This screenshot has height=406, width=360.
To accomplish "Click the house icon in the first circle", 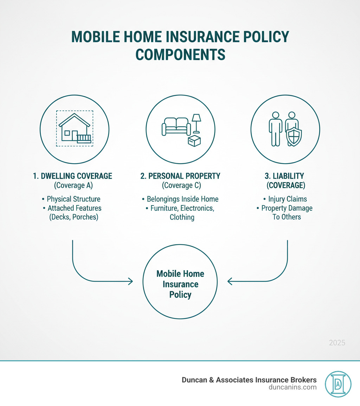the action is click(75, 128).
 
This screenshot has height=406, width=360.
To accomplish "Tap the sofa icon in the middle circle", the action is click(176, 126).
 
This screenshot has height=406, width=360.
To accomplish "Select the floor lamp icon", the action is click(197, 123).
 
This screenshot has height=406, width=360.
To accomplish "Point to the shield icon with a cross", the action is click(294, 136).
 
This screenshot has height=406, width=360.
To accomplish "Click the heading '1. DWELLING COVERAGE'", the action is click(72, 176).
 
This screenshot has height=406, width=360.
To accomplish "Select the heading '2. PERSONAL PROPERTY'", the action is click(180, 176).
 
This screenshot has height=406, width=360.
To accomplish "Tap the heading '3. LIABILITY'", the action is click(284, 176).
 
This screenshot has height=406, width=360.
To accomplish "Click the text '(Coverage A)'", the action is click(73, 185).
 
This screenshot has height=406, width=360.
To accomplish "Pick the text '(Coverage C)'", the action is click(181, 185).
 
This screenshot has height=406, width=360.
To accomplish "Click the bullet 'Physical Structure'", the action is click(71, 199).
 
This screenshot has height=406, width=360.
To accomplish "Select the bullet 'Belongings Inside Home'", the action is click(180, 199).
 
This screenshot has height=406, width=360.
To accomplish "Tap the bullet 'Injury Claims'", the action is click(285, 199).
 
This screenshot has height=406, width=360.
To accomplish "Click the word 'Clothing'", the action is click(182, 217).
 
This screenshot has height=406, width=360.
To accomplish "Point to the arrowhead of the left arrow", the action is click(131, 281).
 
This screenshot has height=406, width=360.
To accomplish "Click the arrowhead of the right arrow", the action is click(230, 281).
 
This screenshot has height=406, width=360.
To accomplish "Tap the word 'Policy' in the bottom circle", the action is click(180, 295).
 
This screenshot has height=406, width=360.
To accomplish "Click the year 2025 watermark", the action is click(337, 343).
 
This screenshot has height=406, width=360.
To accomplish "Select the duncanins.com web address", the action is click(292, 387).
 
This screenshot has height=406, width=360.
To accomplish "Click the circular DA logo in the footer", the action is click(338, 384).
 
